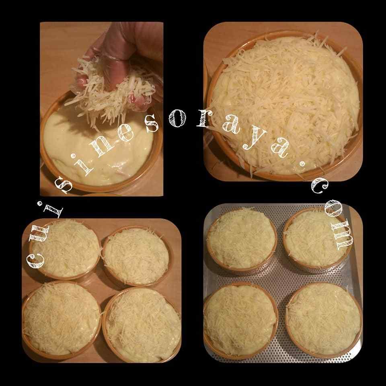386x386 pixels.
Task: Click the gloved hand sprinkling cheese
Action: [121, 52]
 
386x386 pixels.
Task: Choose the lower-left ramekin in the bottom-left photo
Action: [60, 318]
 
